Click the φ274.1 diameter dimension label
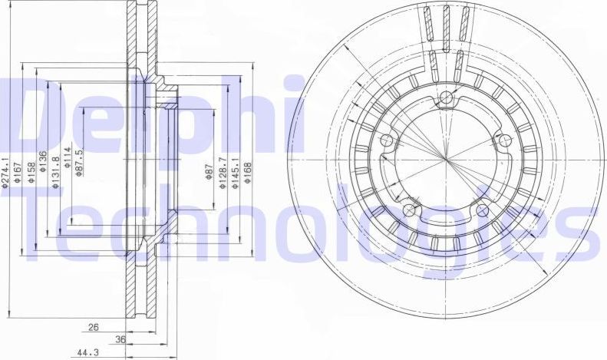point(5,170)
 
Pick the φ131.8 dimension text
point(55,170)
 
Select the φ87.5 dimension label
point(80,163)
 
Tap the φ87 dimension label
point(209,173)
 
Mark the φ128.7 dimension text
point(222,170)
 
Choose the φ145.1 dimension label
point(236,170)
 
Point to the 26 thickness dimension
point(93,327)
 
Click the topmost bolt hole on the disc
point(447,97)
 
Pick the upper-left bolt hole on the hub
point(388,140)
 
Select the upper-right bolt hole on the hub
point(505,140)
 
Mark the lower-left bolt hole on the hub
point(410,210)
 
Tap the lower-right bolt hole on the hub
point(482,210)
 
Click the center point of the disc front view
point(446,159)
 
